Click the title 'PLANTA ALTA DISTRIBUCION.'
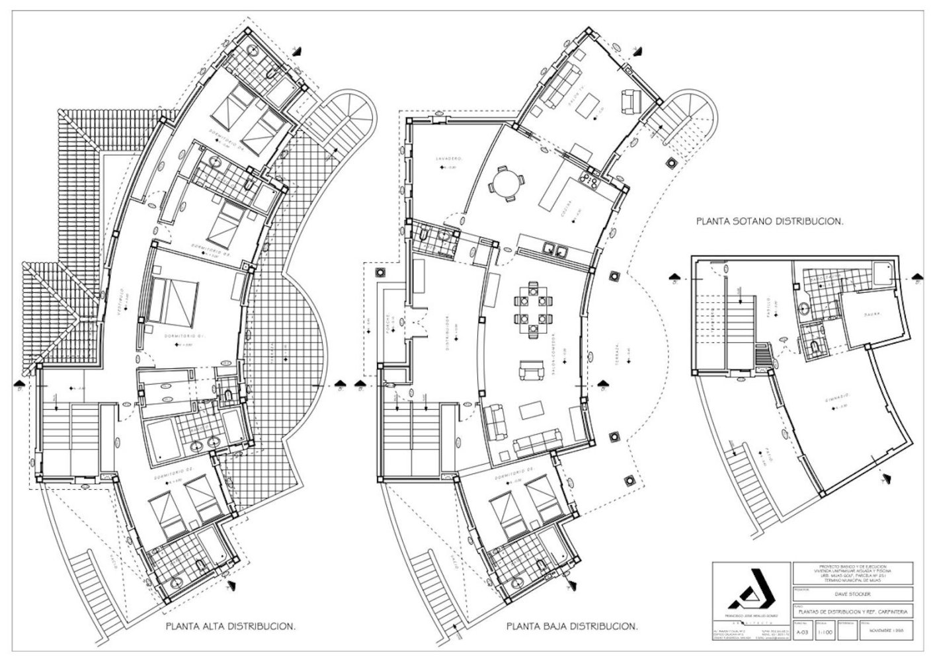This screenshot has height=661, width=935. pos(229,625)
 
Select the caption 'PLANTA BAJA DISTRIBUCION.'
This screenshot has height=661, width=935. pos(572,625)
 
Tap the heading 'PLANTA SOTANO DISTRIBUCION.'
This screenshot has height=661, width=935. pos(770,223)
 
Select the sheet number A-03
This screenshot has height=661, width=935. pos(802,633)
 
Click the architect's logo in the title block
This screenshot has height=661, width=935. pos(751,590)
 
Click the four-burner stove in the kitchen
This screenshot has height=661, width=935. pos(588,177)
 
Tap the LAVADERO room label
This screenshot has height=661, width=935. pos(448,159)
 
